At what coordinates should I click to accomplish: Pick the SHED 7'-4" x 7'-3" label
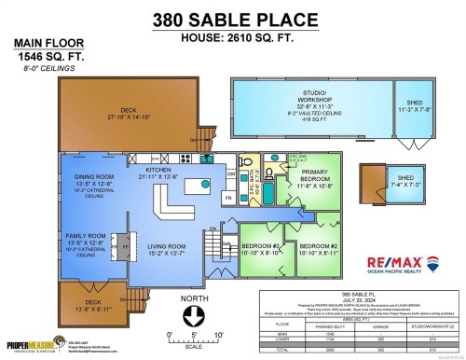click(x=406, y=180)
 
